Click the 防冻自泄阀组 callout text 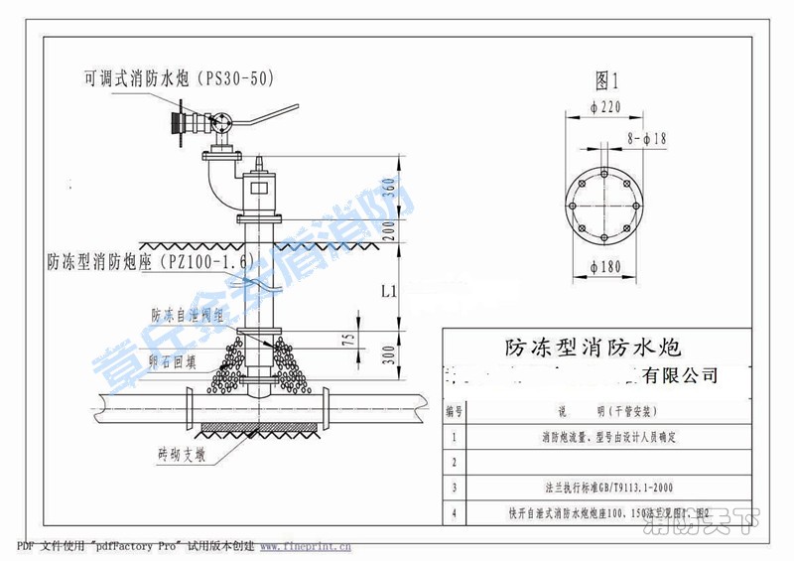187,315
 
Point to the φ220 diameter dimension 604,107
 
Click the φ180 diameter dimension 605,267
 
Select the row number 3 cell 454,487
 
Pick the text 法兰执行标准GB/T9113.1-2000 606,488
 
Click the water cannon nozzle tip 175,123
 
